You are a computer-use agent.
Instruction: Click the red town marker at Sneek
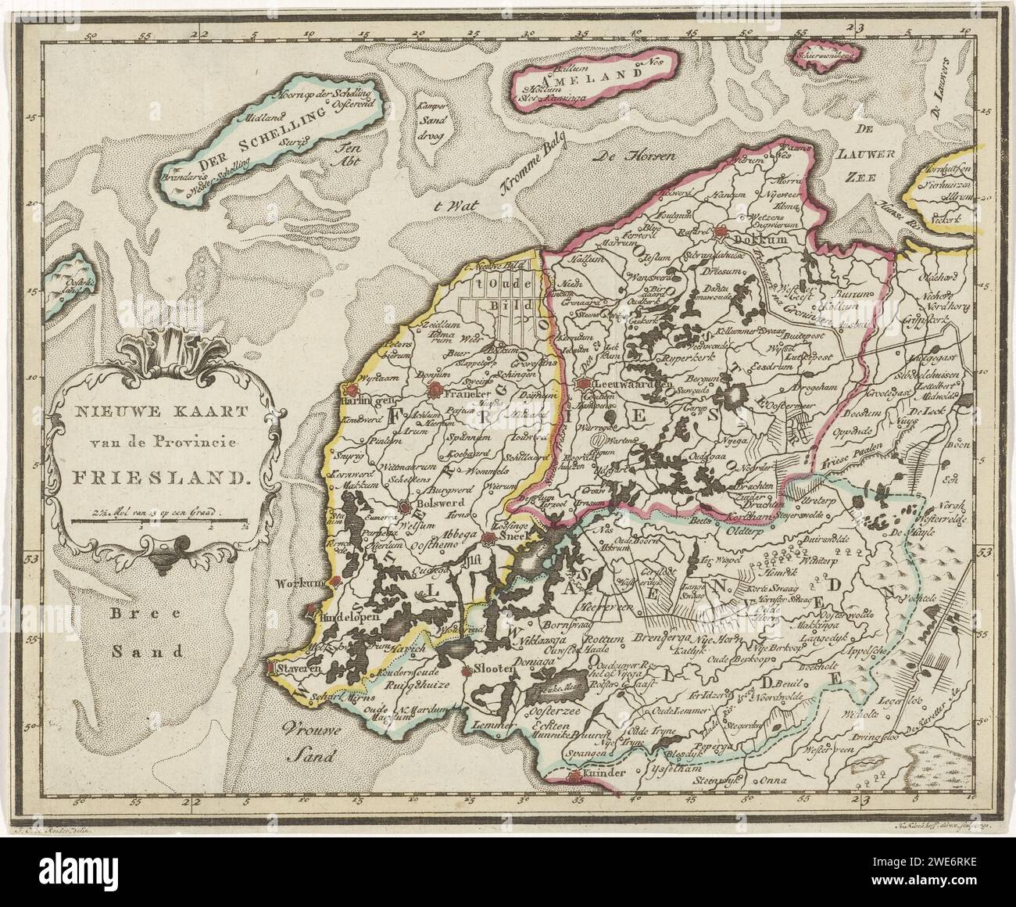[488, 537]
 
